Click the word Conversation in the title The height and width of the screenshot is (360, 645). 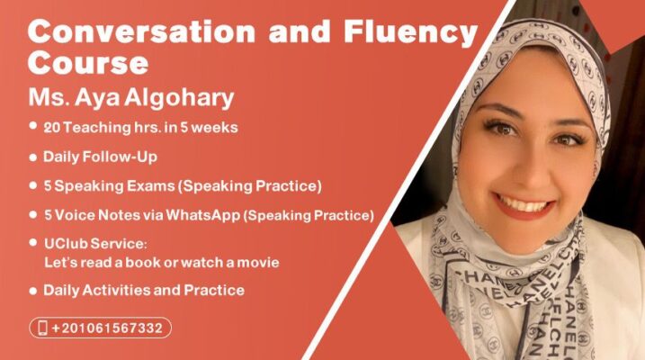pyautogui.click(x=141, y=31)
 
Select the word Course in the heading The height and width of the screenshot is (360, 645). pyautogui.click(x=88, y=63)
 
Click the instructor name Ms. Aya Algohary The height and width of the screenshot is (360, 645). pyautogui.click(x=131, y=98)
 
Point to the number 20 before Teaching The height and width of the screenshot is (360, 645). pyautogui.click(x=52, y=128)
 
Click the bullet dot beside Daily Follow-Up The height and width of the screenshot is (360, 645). pyautogui.click(x=33, y=157)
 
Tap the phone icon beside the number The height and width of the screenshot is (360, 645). pyautogui.click(x=42, y=328)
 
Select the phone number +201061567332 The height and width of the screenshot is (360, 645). pyautogui.click(x=107, y=328)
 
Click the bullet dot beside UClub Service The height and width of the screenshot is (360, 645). pyautogui.click(x=33, y=243)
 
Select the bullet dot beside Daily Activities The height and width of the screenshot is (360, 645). pyautogui.click(x=33, y=292)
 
